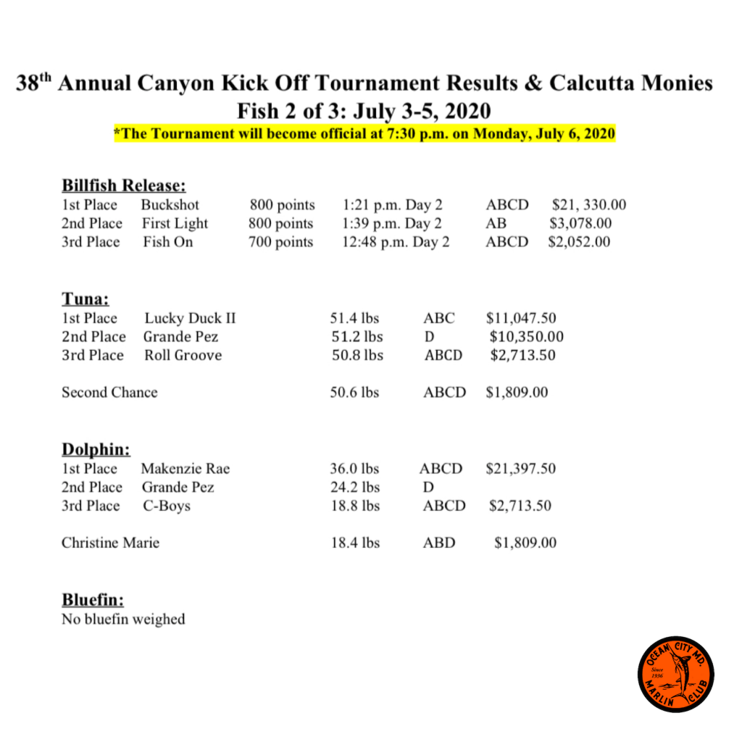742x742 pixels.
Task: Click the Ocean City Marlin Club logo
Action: (x=675, y=673)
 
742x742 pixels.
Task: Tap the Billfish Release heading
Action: (x=125, y=185)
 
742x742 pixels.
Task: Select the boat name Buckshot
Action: (x=170, y=205)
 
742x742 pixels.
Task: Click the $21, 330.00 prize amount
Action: (x=588, y=205)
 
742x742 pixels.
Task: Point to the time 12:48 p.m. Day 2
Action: (x=396, y=242)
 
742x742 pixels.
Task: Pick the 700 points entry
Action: (x=281, y=242)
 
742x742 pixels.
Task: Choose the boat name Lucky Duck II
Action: (x=190, y=318)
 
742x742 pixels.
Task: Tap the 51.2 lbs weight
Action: (x=357, y=337)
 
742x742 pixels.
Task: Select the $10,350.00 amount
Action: (x=526, y=337)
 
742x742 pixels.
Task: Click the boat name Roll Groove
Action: (x=183, y=356)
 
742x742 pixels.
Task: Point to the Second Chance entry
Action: (x=109, y=393)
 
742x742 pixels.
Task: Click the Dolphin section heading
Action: (x=96, y=449)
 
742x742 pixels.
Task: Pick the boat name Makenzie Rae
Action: (x=185, y=469)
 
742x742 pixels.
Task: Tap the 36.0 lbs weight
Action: (x=355, y=469)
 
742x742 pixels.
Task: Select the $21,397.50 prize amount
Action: (x=520, y=469)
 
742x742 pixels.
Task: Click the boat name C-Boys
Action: (x=167, y=506)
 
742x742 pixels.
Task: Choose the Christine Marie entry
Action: (x=110, y=543)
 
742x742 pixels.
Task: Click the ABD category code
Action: (x=439, y=543)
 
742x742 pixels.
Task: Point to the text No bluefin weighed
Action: (x=123, y=620)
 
